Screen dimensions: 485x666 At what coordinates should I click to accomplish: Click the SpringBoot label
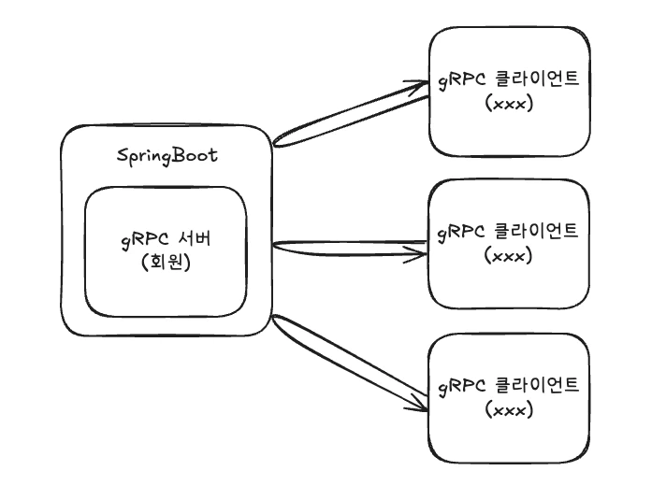(x=166, y=155)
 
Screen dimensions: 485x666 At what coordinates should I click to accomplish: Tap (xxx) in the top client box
(x=510, y=104)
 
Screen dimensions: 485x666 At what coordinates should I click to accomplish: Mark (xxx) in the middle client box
(x=510, y=255)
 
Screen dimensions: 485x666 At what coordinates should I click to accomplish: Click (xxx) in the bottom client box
(x=510, y=410)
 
